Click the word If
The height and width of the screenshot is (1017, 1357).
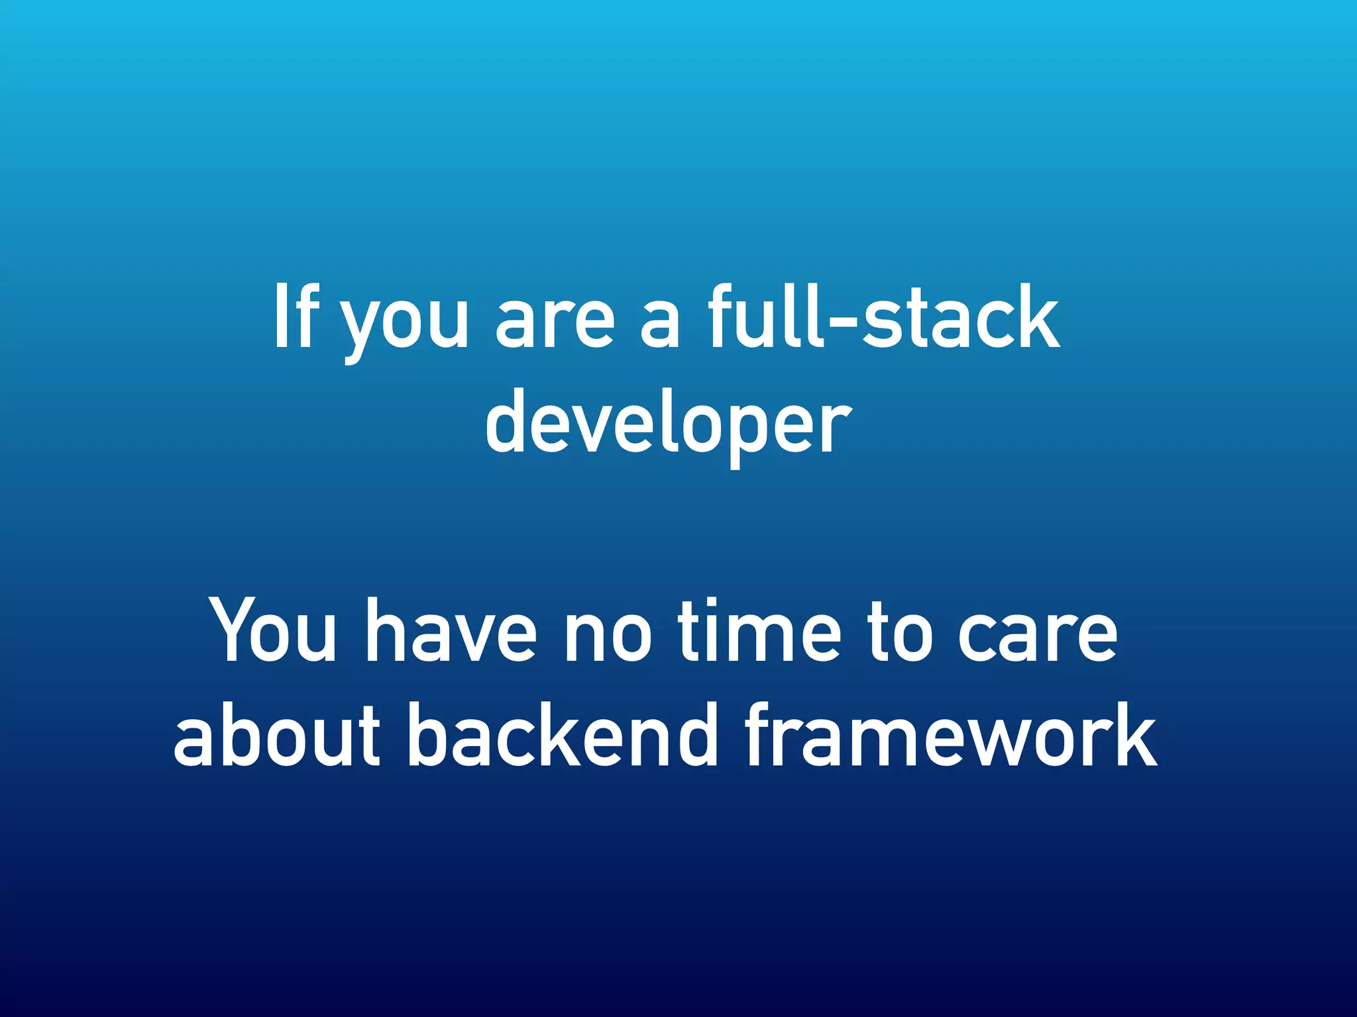click(296, 316)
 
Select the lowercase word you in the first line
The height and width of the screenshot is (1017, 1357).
click(405, 324)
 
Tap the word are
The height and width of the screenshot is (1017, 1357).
click(555, 324)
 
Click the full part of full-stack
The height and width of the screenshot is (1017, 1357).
click(766, 316)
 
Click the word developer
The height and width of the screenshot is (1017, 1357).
click(668, 424)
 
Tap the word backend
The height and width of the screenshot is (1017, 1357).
click(564, 735)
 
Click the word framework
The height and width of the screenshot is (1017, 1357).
click(951, 735)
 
